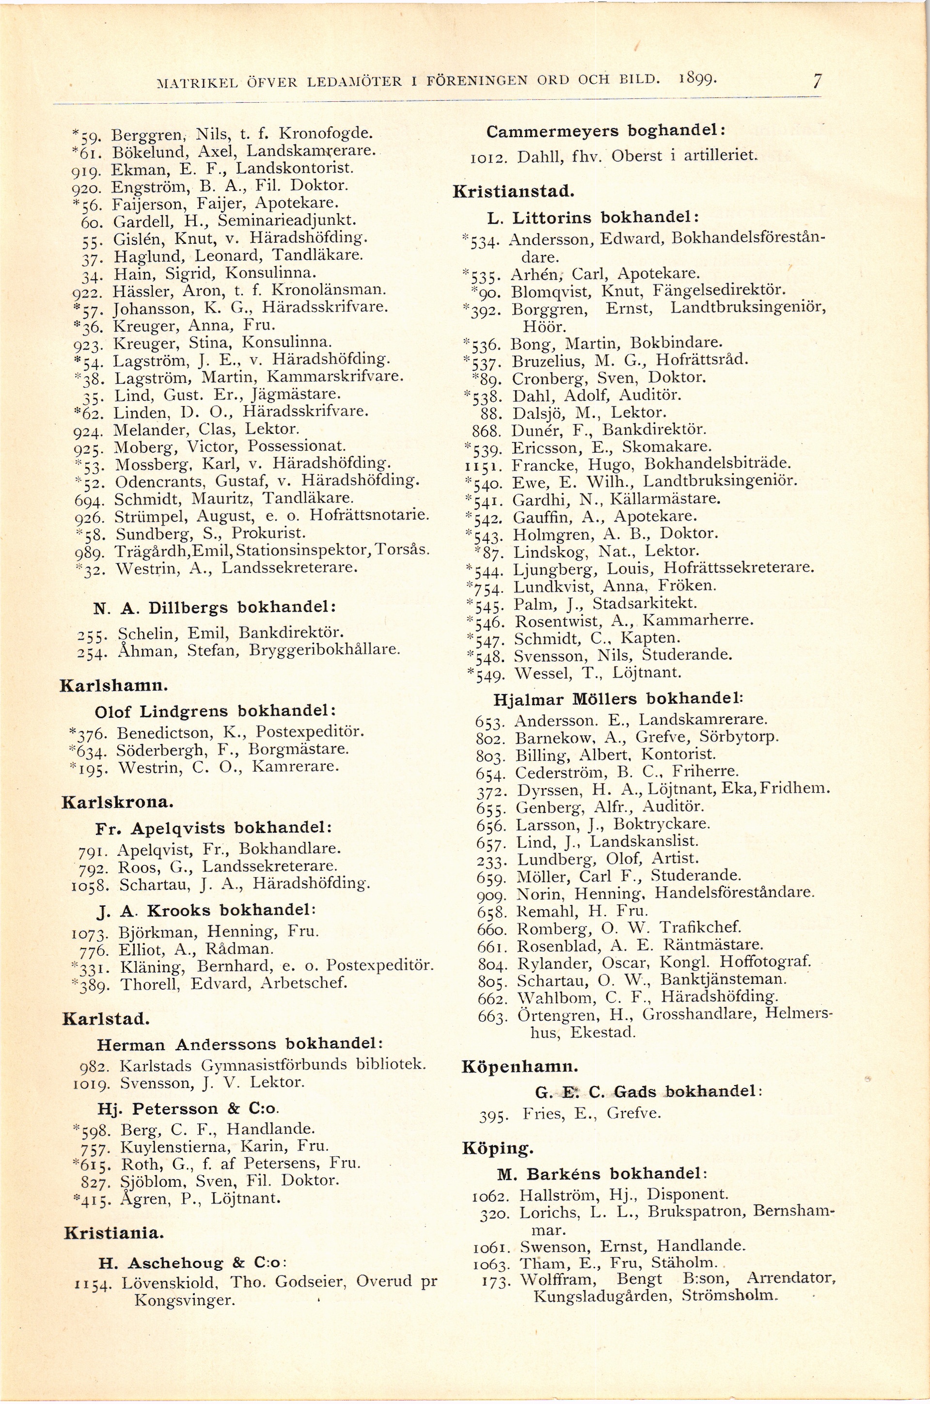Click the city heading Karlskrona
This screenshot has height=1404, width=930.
(x=117, y=803)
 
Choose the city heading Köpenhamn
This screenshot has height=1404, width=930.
(x=520, y=1067)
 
